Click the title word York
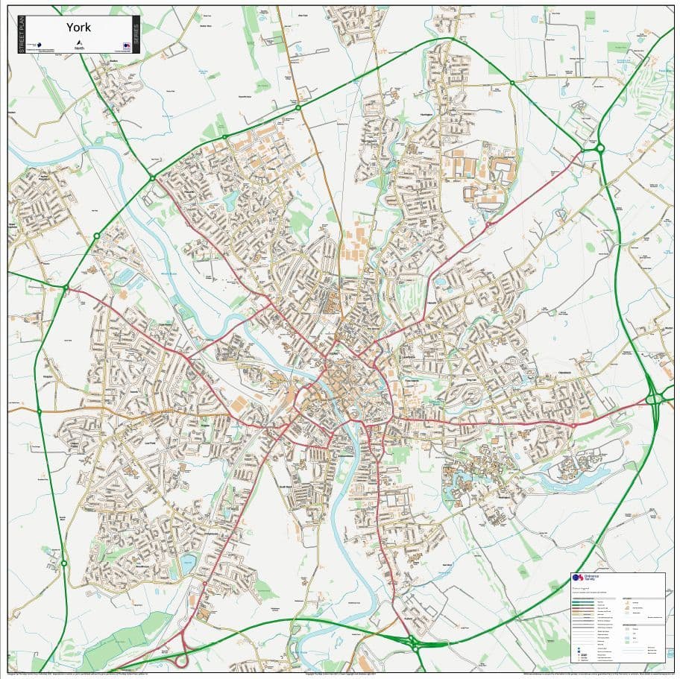coord(78,27)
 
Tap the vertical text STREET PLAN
coord(20,35)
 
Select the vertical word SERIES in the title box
coord(135,35)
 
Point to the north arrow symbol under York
coord(79,43)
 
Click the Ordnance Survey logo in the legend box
coord(576,578)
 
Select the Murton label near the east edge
coord(667,326)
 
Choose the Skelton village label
coord(114,61)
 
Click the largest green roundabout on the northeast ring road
coord(599,148)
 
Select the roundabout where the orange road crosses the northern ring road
coord(298,108)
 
